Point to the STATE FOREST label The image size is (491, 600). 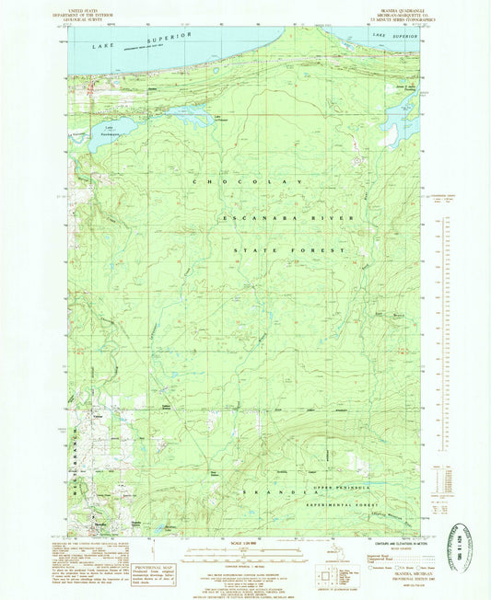[x=288, y=249]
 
